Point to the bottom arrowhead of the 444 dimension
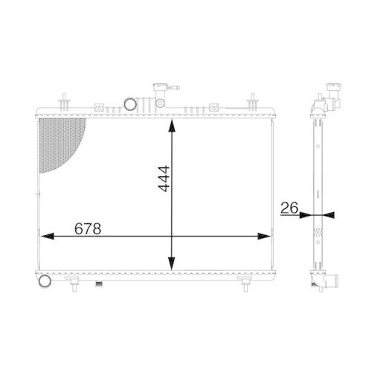click(173, 264)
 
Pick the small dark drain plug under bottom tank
click(95, 283)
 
